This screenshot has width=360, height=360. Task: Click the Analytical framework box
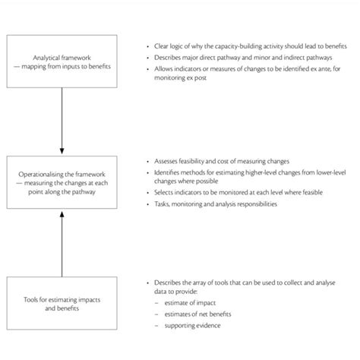click(62, 60)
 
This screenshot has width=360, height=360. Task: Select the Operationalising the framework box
click(62, 182)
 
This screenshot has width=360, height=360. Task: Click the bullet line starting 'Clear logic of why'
click(243, 46)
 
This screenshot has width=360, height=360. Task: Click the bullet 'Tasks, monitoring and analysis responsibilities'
click(220, 205)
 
